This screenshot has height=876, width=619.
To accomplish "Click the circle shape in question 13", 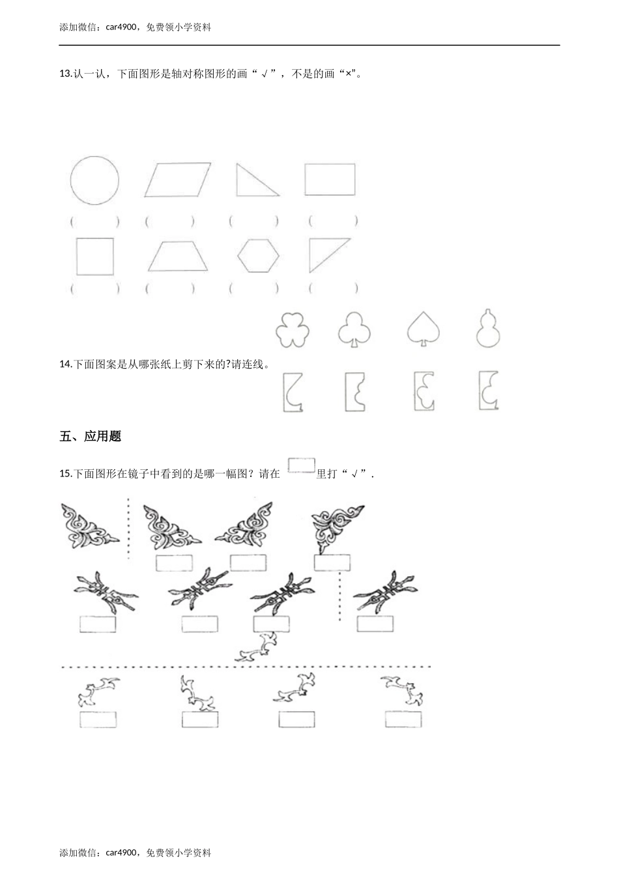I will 94,181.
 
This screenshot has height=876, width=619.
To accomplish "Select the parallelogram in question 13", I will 178,180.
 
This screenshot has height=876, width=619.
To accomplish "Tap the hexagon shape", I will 258,255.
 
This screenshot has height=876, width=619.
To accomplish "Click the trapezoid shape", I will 178,257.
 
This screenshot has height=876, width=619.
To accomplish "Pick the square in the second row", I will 94,256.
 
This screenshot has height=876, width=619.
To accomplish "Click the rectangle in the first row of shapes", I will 330,179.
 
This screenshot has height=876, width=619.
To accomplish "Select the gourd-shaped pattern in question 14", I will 489,328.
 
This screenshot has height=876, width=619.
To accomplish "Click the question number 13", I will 65,74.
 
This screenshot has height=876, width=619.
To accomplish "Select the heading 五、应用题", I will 90,437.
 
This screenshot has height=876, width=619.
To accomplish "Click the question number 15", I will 65,474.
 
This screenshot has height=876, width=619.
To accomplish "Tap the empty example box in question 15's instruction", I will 301,465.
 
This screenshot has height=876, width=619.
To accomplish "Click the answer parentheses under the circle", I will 94,222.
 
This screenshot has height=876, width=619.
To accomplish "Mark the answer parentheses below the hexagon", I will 254,287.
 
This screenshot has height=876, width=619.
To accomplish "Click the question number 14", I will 65,364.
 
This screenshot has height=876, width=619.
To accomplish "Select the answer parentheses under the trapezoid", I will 169,287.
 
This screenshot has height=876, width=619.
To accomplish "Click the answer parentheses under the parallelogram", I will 169,222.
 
